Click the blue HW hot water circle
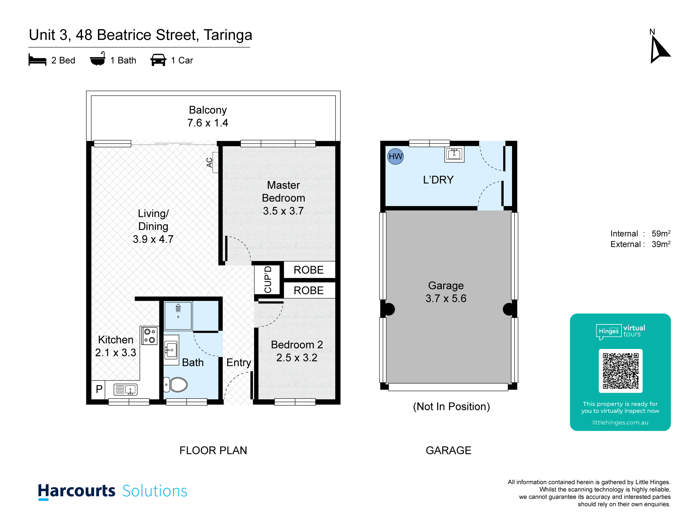tap(395, 156)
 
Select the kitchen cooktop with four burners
tap(150, 336)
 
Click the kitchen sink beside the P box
tap(125, 390)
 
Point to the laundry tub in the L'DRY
tap(454, 154)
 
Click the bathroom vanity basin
tap(171, 350)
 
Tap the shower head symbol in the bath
tap(178, 308)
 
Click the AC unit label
tap(209, 162)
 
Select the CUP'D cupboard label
tap(268, 279)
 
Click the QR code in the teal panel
tap(620, 371)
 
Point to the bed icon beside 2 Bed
tap(37, 60)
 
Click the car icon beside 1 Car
tap(158, 60)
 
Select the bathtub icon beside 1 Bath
tap(98, 59)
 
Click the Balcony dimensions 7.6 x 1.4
tap(208, 123)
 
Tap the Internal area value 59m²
tap(661, 233)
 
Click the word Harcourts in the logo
tap(77, 491)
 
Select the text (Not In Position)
tap(452, 406)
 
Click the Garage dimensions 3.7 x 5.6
tap(446, 298)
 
